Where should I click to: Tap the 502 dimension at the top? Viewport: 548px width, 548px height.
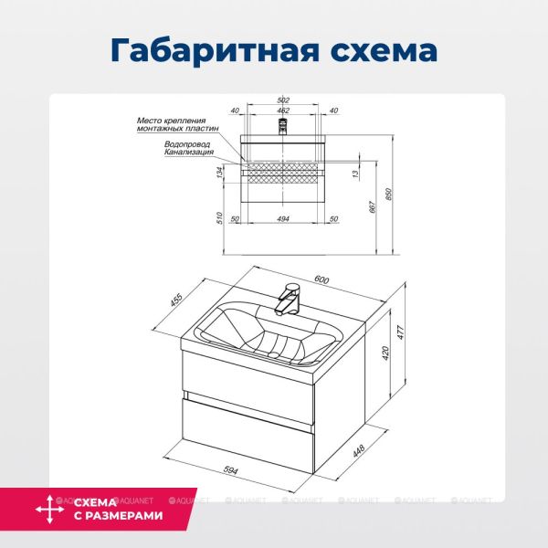tap(283, 100)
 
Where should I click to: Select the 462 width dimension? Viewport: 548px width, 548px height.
tap(283, 111)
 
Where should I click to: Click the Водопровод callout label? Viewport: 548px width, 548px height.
tap(187, 143)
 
